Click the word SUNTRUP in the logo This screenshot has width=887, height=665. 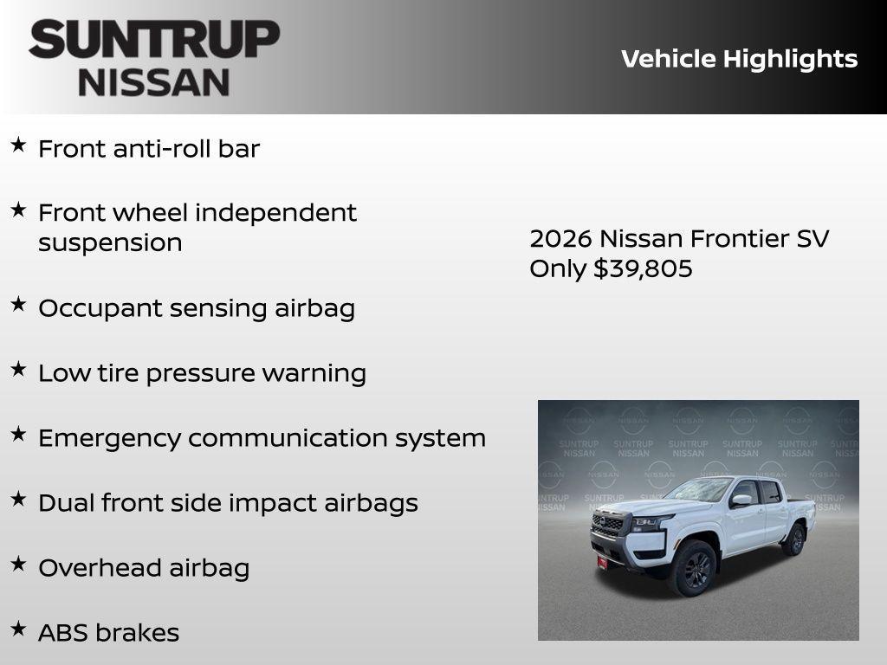(154, 40)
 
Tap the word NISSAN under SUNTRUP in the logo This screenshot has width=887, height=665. (154, 81)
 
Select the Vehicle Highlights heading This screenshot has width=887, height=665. (739, 59)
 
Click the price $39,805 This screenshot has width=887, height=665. (643, 268)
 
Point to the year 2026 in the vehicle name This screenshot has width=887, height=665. (560, 238)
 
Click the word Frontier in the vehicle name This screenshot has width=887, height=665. (739, 238)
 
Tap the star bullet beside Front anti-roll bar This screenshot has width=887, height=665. (18, 145)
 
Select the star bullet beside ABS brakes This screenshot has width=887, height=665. (18, 629)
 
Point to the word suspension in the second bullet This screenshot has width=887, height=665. (110, 242)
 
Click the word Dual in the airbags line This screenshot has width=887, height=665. (66, 503)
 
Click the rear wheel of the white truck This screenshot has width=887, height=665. (793, 539)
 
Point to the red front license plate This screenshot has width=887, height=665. (602, 563)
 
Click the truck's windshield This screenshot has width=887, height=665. (700, 490)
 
